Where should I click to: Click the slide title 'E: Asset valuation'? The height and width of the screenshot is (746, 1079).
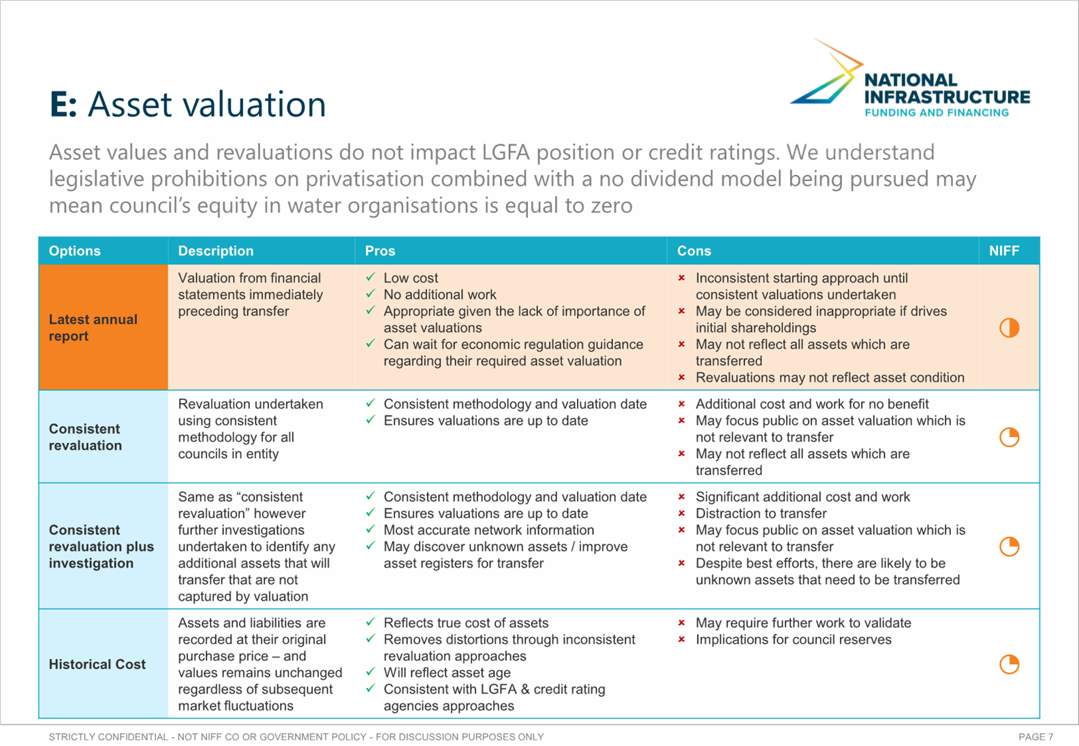click(x=188, y=104)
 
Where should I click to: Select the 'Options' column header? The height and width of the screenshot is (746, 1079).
click(x=75, y=250)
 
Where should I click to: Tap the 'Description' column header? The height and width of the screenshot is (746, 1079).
click(x=216, y=250)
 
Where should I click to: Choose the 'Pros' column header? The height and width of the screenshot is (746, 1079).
click(x=380, y=250)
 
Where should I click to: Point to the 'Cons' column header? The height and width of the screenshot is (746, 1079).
click(x=694, y=250)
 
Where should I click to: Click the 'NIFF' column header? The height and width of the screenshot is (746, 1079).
click(x=1004, y=250)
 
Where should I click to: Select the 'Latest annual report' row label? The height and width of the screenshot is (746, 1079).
click(x=93, y=328)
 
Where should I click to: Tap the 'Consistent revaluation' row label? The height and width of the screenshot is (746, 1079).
click(x=85, y=437)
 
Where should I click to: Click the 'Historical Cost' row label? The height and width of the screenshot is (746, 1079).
click(x=97, y=664)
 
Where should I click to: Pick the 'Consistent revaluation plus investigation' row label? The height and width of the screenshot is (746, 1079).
click(x=101, y=547)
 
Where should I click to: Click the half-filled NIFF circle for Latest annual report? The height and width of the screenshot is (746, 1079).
click(x=1009, y=328)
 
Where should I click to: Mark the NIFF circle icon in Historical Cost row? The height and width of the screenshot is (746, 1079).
click(x=1009, y=664)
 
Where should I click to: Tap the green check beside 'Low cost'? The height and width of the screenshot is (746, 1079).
click(x=371, y=277)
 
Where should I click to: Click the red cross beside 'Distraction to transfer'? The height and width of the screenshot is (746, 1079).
click(x=682, y=513)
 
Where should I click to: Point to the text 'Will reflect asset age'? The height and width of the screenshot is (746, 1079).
click(x=447, y=672)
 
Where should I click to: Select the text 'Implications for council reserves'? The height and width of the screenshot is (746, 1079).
click(x=794, y=639)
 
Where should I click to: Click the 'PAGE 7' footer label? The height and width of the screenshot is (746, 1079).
click(x=1035, y=737)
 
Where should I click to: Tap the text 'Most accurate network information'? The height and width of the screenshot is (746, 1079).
click(x=489, y=530)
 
